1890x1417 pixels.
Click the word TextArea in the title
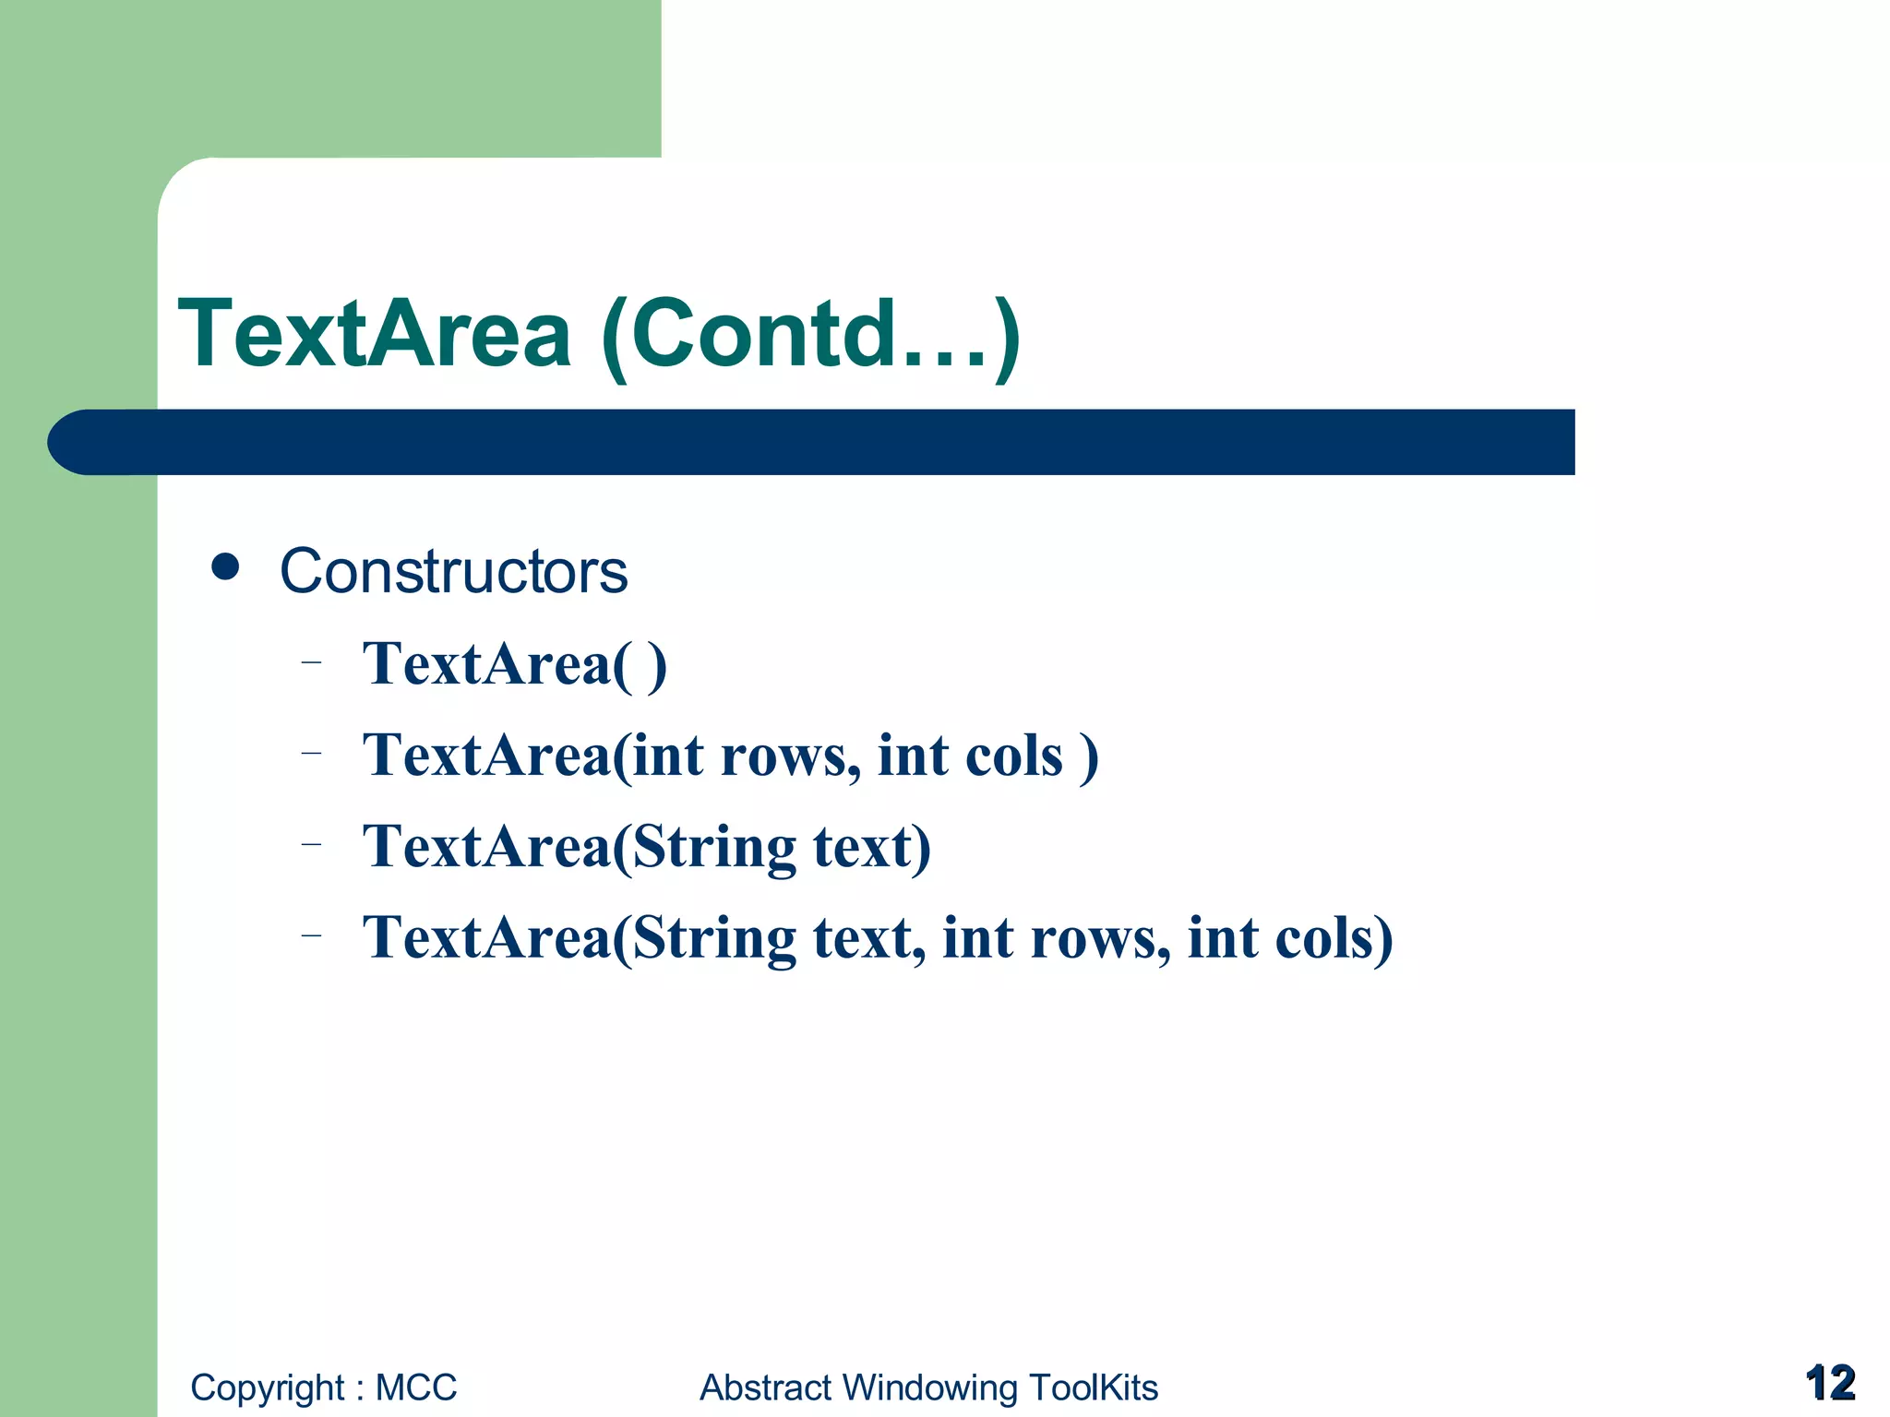coord(374,334)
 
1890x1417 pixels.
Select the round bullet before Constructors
coord(225,566)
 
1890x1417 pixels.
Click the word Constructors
coord(453,572)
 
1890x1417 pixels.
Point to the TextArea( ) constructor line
coord(514,664)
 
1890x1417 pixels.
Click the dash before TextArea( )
coord(312,661)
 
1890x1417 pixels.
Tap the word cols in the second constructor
coord(1013,756)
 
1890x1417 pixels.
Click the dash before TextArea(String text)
coord(312,843)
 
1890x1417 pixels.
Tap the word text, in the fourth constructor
coord(868,938)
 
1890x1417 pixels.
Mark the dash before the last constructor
coord(312,935)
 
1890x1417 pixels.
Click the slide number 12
coord(1830,1383)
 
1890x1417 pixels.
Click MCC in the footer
coord(416,1387)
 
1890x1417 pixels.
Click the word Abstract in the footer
coord(765,1387)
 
